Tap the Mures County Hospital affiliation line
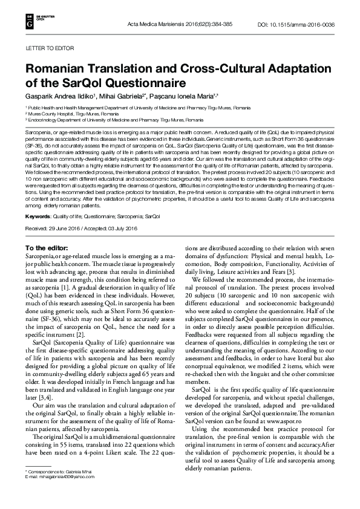point(65,114)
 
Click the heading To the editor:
point(48,248)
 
